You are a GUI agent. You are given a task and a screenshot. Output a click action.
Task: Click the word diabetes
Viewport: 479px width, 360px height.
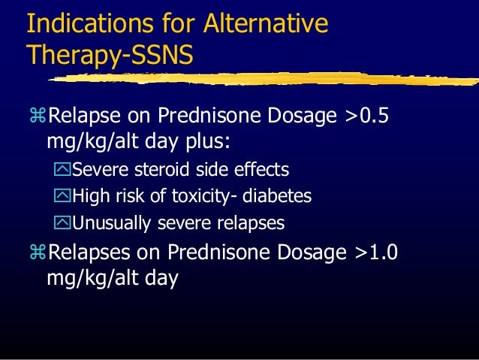click(x=278, y=196)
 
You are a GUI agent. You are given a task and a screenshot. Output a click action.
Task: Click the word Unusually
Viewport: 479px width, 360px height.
click(x=106, y=223)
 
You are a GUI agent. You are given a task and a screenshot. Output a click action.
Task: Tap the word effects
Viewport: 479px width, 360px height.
click(x=261, y=169)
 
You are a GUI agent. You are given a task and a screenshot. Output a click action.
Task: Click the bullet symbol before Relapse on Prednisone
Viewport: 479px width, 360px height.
click(x=38, y=116)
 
